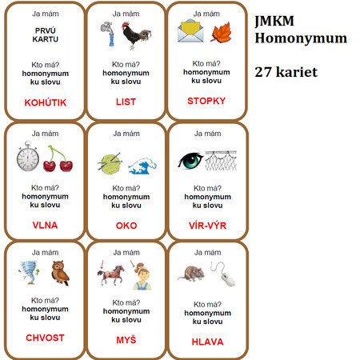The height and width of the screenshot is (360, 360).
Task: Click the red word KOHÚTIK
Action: (46, 102)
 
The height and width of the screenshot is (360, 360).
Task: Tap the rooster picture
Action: (137, 35)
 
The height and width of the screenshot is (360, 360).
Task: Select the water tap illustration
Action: (108, 34)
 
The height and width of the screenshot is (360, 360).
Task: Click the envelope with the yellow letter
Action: (190, 30)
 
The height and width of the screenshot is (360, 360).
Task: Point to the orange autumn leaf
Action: (221, 33)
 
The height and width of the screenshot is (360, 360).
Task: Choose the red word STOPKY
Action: (206, 101)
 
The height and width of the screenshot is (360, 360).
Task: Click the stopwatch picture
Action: (28, 156)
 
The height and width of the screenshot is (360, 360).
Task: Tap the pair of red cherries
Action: (58, 159)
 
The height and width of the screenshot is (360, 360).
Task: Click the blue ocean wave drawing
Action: (142, 166)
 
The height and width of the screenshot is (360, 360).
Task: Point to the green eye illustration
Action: (190, 160)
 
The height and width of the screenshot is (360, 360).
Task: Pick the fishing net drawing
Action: (221, 161)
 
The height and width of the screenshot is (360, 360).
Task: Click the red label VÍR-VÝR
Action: (207, 226)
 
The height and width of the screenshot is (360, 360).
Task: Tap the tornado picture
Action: (30, 272)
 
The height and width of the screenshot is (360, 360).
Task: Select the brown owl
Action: (61, 273)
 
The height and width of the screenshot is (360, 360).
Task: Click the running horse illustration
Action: (110, 274)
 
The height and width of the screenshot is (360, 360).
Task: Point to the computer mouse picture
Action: (224, 274)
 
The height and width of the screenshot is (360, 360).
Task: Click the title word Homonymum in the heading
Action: (301, 38)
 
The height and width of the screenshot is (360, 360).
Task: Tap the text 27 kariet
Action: (286, 72)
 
